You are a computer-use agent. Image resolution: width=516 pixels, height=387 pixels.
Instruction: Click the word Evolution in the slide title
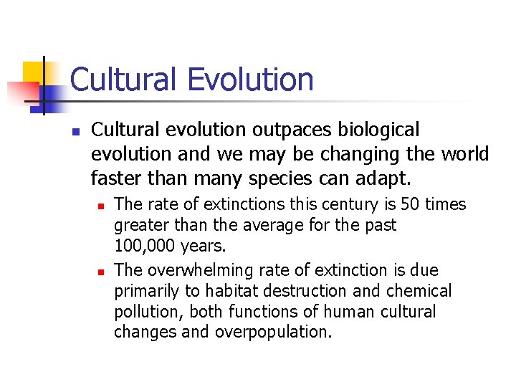pyautogui.click(x=253, y=80)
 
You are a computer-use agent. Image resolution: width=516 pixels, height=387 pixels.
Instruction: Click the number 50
pyautogui.click(x=411, y=205)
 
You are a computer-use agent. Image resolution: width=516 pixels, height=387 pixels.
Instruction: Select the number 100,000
pyautogui.click(x=144, y=246)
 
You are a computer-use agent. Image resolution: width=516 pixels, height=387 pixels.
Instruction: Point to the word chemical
pyautogui.click(x=419, y=291)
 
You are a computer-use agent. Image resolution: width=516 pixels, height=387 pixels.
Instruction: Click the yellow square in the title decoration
pyautogui.click(x=33, y=72)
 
